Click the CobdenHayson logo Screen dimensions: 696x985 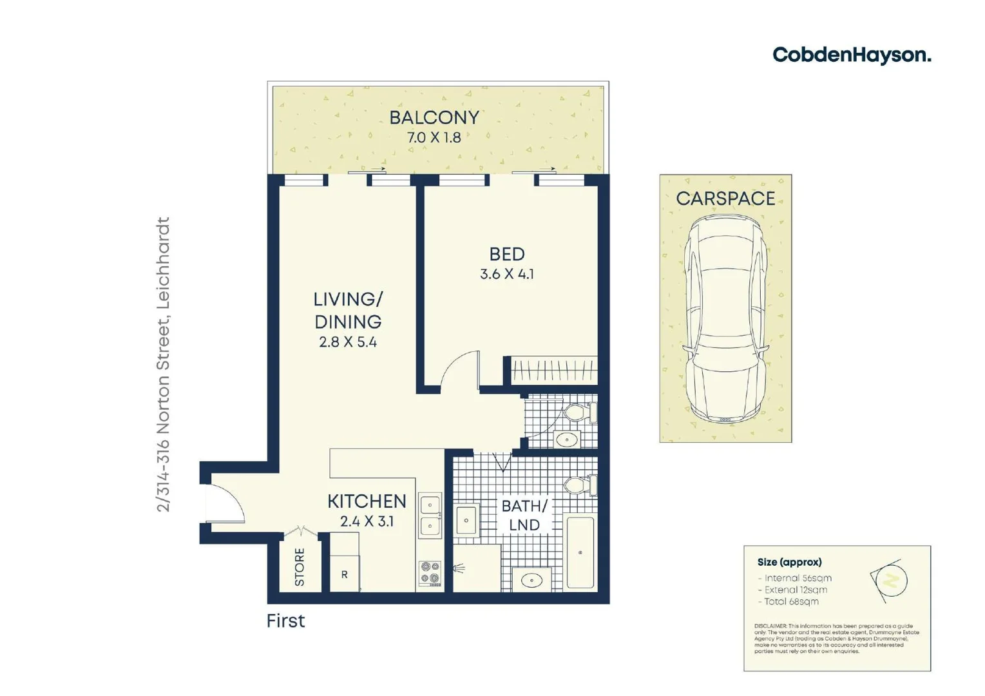[x=851, y=55]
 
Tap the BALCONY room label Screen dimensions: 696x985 [x=434, y=118]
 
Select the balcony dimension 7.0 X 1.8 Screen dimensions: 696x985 [x=434, y=137]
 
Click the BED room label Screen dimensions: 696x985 [x=507, y=255]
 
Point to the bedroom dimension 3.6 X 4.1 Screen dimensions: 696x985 [x=507, y=274]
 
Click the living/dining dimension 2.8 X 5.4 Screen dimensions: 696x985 [x=348, y=342]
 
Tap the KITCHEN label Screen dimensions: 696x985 [x=367, y=501]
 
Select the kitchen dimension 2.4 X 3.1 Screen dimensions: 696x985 [x=367, y=521]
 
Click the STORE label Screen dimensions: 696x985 [x=300, y=567]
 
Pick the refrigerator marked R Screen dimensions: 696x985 [x=345, y=574]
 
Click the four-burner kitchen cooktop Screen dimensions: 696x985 [x=430, y=573]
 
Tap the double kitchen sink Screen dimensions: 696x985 [x=430, y=516]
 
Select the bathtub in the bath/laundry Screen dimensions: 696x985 [x=580, y=552]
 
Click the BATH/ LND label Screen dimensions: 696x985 [x=524, y=516]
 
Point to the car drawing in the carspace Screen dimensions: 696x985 [x=725, y=319]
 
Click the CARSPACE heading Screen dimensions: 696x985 [x=725, y=198]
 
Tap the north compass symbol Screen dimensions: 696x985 [x=891, y=581]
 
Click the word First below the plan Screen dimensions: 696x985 [x=285, y=621]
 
